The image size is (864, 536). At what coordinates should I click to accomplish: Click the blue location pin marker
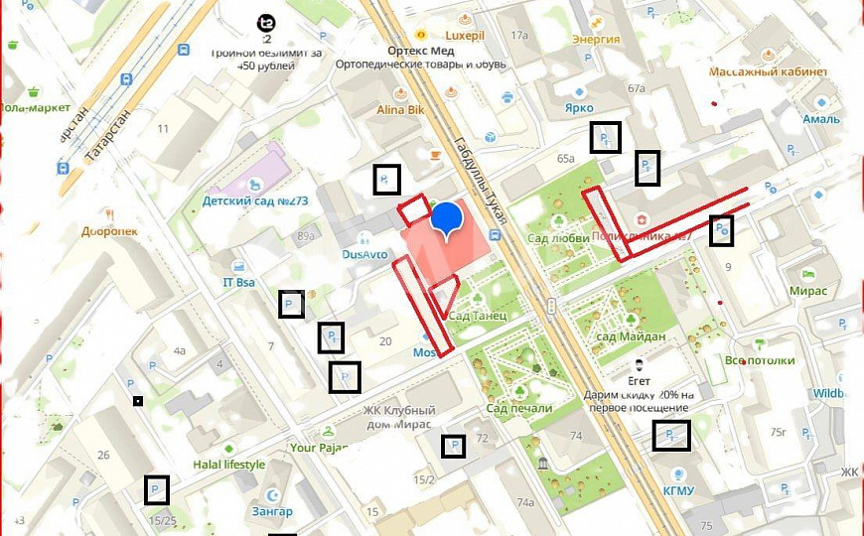coord(448,218)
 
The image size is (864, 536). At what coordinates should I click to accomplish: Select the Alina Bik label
coord(400,110)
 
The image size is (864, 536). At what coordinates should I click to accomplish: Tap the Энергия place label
coord(596,40)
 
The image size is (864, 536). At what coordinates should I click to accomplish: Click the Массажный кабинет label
coord(768,71)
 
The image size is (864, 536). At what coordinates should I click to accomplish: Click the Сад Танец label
coord(478,316)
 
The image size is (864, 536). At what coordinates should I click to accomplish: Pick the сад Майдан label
coord(630,337)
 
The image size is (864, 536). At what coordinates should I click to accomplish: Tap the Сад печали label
coord(519,408)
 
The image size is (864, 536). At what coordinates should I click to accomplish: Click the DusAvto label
coord(364,254)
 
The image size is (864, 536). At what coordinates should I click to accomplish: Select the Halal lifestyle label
coord(228,465)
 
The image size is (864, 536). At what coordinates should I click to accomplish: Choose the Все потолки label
coord(760,360)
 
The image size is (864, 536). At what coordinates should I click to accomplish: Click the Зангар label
coord(272,511)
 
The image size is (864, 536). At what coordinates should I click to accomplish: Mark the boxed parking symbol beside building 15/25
coord(156,490)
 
